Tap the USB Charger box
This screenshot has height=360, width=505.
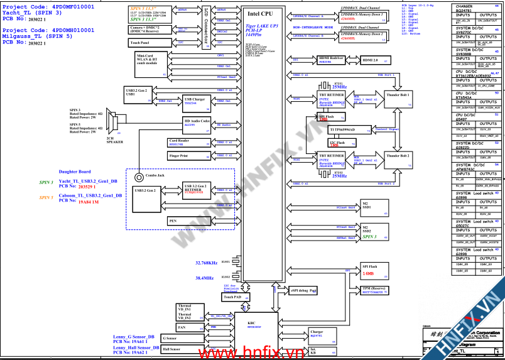(x=195, y=101)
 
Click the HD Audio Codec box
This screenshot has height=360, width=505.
(x=197, y=123)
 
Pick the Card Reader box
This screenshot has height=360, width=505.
(x=180, y=142)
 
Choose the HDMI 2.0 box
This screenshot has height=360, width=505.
(x=374, y=60)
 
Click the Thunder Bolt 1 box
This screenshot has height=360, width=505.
(x=398, y=95)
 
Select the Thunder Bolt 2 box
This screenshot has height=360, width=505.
(x=398, y=155)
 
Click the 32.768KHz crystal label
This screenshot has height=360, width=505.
(x=206, y=263)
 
